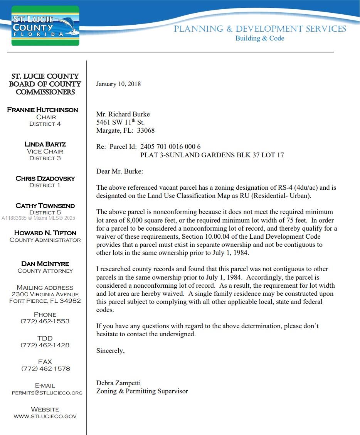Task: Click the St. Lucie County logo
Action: pos(45,26)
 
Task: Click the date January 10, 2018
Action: pos(118,84)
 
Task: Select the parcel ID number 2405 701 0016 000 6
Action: pos(170,147)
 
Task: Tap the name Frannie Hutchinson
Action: pos(42,110)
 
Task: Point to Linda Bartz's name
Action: pos(45,144)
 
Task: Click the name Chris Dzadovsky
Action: pos(45,179)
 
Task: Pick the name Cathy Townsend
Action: pos(45,206)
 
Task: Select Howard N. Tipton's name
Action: pos(45,233)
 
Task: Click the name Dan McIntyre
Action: pos(45,264)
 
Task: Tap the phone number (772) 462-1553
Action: pos(45,321)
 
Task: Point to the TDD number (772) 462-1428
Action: pos(45,345)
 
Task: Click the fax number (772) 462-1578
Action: pos(45,369)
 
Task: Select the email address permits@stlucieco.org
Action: pos(47,393)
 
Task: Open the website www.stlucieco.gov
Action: pos(45,416)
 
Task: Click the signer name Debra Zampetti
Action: pos(118,383)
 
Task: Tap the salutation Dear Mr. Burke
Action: pos(119,171)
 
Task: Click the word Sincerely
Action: pos(110,351)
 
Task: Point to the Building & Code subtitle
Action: pos(259,38)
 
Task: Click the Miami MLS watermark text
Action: pos(39,218)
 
